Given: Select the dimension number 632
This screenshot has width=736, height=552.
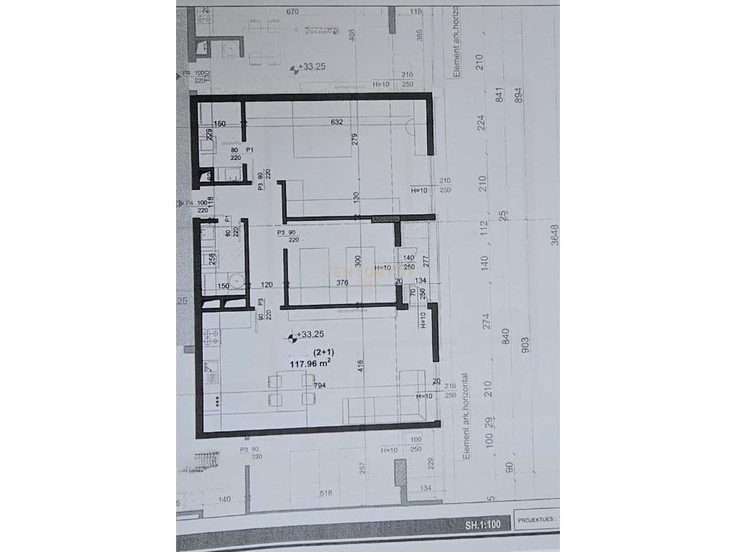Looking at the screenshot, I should click(337, 122).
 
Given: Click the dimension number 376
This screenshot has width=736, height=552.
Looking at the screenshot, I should click(342, 283).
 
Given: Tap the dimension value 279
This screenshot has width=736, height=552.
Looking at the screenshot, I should click(354, 142).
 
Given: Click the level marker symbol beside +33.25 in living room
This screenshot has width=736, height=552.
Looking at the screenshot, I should click(292, 335).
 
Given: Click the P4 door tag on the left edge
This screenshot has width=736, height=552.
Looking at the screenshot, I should click(190, 203).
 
